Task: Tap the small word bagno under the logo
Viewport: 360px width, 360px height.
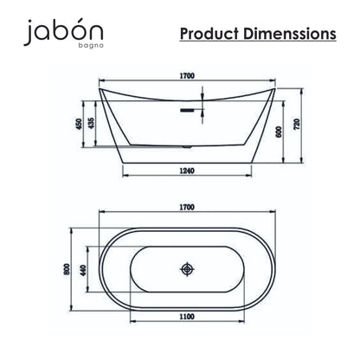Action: tap(91, 46)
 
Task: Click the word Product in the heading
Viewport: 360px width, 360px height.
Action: tap(209, 34)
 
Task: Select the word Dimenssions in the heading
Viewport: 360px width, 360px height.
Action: tap(290, 34)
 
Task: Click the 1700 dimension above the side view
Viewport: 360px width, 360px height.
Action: tap(187, 76)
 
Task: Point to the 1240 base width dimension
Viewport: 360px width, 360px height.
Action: tap(187, 170)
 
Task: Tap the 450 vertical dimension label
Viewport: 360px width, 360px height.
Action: tap(79, 124)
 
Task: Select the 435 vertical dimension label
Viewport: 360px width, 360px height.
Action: tap(91, 124)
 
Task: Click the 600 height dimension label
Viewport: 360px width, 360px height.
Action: tap(279, 132)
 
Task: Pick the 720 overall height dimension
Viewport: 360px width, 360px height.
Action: tap(297, 124)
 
